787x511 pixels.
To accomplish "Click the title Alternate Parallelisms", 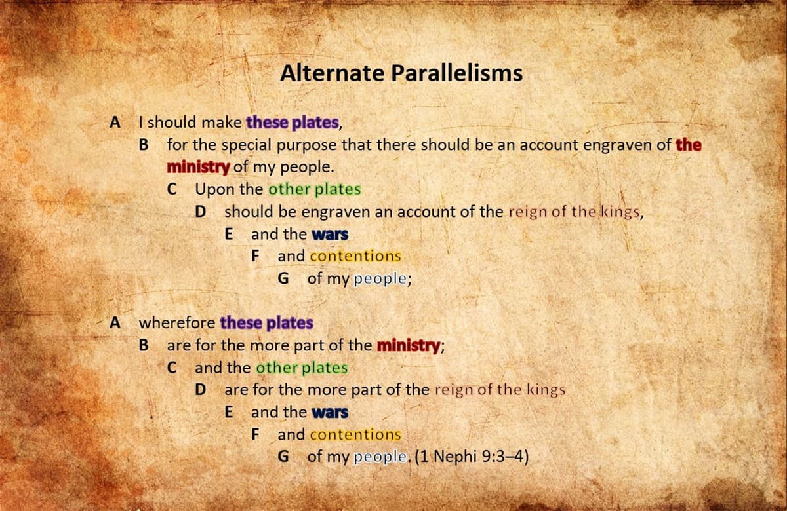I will tap(401, 73).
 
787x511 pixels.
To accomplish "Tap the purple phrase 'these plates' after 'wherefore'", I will tap(266, 323).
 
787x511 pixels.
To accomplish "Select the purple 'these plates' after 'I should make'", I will tap(293, 123).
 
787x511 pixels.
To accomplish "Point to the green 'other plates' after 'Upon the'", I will tap(315, 189).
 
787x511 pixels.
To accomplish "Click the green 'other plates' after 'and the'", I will tap(302, 368).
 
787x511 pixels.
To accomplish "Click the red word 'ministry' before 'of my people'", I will tap(197, 167).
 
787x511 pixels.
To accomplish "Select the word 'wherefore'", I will tap(177, 323).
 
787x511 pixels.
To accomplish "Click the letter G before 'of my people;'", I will tap(284, 278).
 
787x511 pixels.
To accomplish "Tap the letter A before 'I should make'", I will tap(115, 123).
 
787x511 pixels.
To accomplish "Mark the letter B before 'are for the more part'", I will tap(144, 345).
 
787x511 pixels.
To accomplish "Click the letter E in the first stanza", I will tap(228, 235).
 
